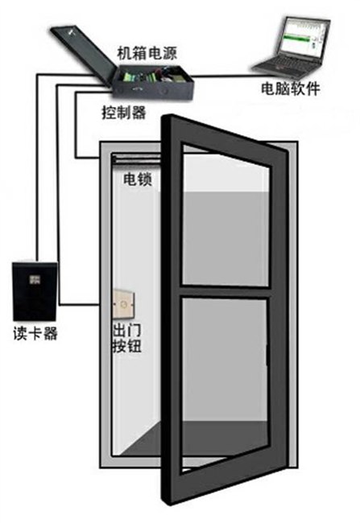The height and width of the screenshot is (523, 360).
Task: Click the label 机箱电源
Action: tap(147, 54)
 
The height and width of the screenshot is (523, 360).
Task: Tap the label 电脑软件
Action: tap(291, 89)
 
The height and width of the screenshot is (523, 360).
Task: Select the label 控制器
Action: tap(124, 113)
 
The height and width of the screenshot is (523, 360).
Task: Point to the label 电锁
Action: tap(138, 179)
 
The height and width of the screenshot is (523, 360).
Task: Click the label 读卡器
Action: tap(35, 333)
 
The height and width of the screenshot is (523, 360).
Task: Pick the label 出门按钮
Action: tap(127, 338)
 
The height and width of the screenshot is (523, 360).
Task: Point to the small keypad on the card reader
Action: tap(34, 279)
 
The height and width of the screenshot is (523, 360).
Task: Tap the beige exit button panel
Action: tap(124, 303)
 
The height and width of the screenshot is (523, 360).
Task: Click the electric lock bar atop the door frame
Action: tap(137, 159)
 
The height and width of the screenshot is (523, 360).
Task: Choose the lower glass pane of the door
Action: tap(225, 384)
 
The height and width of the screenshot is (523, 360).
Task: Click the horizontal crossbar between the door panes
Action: tap(225, 291)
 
